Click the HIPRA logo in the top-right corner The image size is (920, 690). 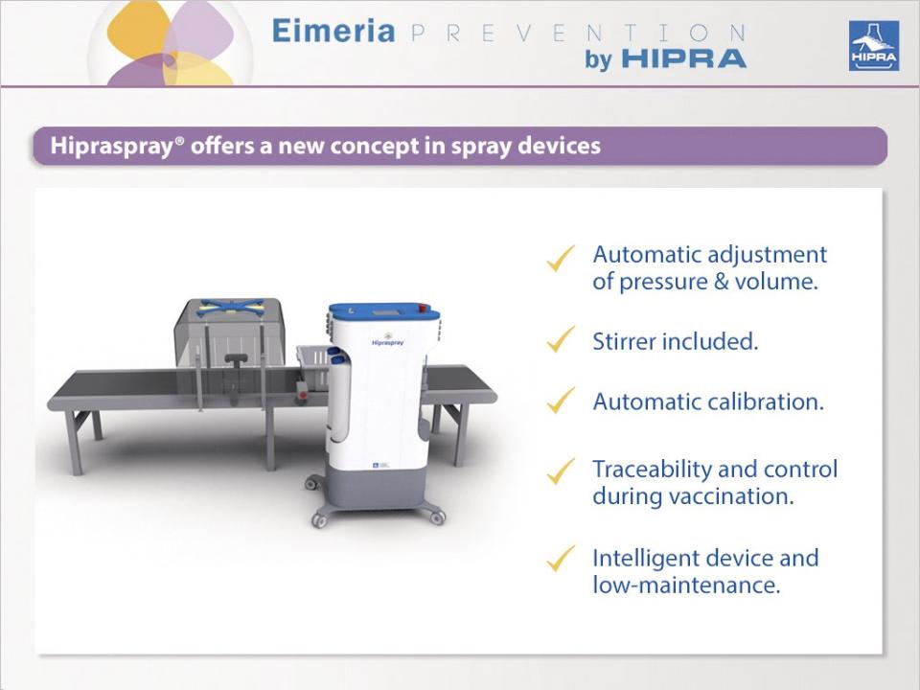[x=874, y=46]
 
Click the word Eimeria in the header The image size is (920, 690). [x=333, y=31]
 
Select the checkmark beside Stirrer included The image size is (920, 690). [x=561, y=339]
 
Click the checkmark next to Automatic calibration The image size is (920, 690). [x=561, y=400]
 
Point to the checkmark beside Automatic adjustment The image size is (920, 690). [x=561, y=258]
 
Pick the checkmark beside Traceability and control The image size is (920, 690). [x=561, y=471]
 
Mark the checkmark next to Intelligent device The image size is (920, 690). [x=561, y=559]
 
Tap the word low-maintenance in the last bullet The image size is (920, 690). [x=686, y=585]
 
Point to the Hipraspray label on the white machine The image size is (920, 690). [x=388, y=342]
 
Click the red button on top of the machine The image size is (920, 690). [x=423, y=307]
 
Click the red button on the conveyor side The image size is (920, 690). [x=302, y=394]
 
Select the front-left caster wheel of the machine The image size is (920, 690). [x=319, y=518]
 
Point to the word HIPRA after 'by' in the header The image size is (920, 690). [x=683, y=58]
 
